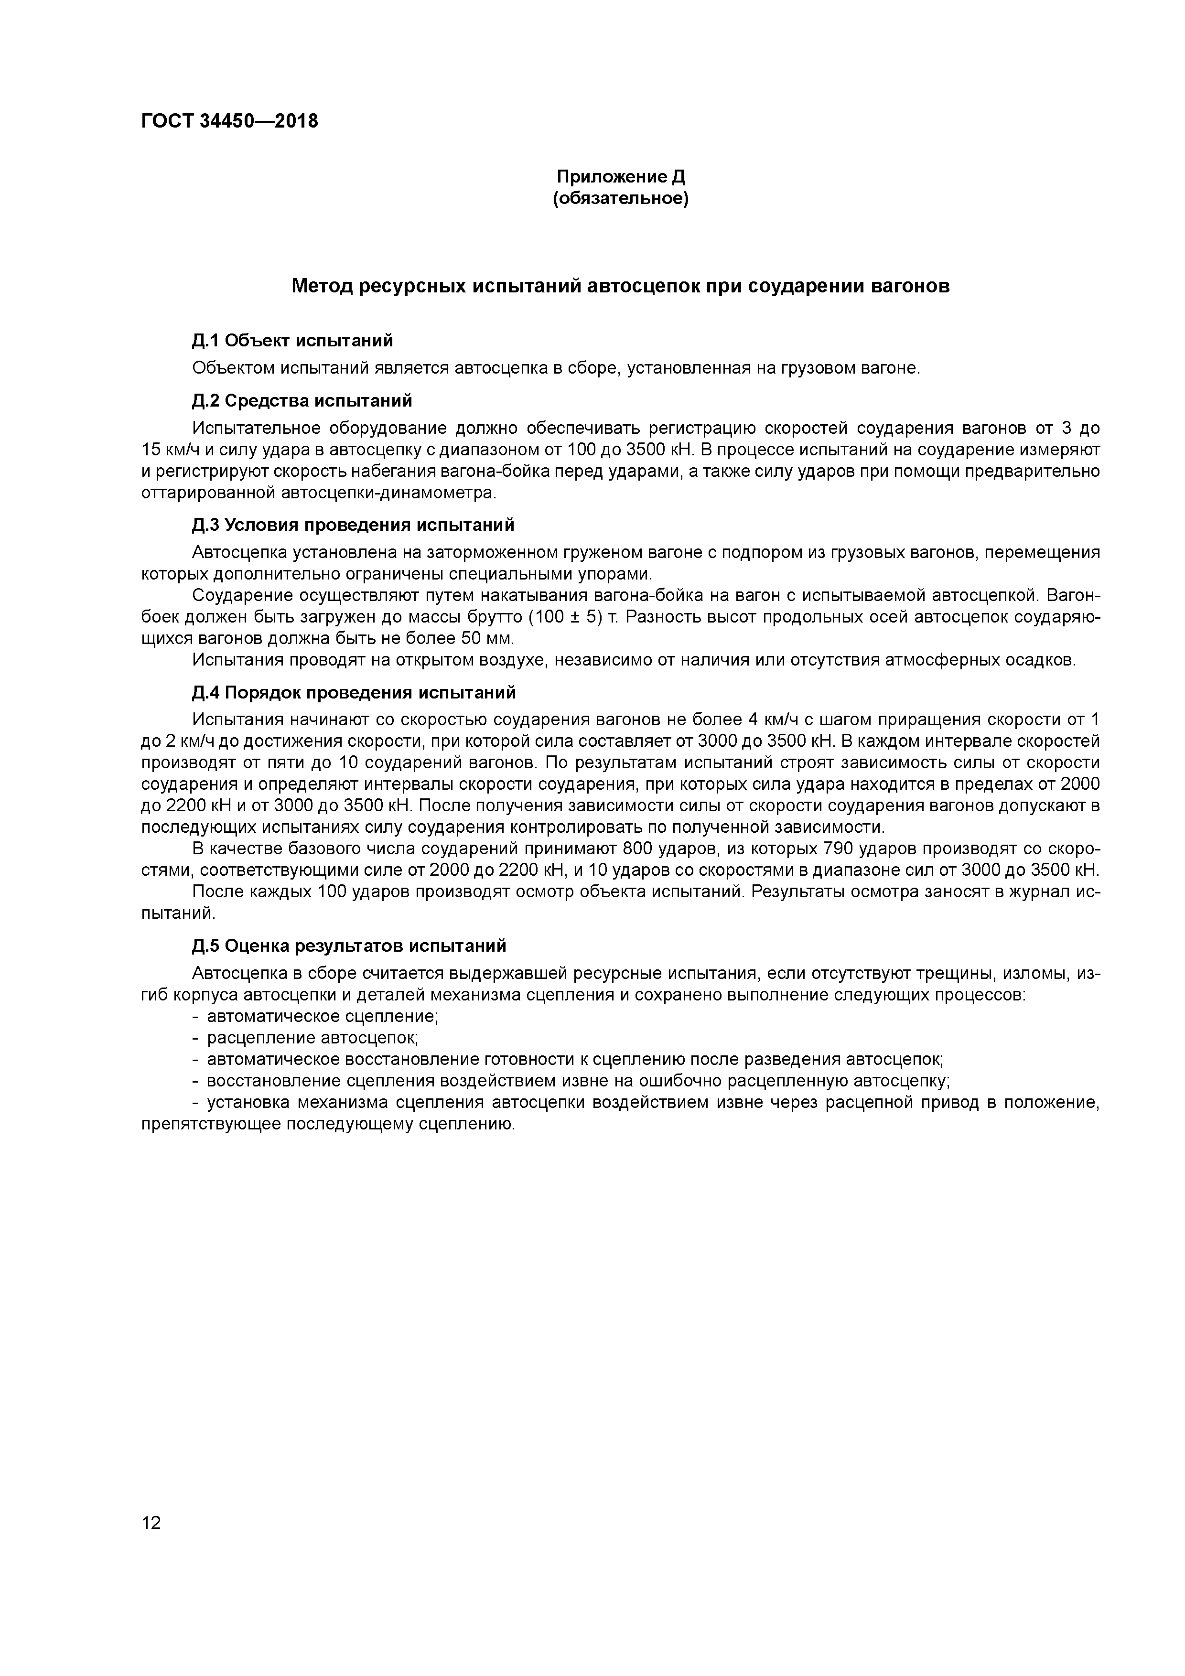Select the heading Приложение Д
click(621, 177)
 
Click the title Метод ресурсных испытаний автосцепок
click(621, 286)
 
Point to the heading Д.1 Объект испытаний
click(292, 340)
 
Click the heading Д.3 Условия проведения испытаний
click(354, 525)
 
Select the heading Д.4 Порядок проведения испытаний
click(354, 692)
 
